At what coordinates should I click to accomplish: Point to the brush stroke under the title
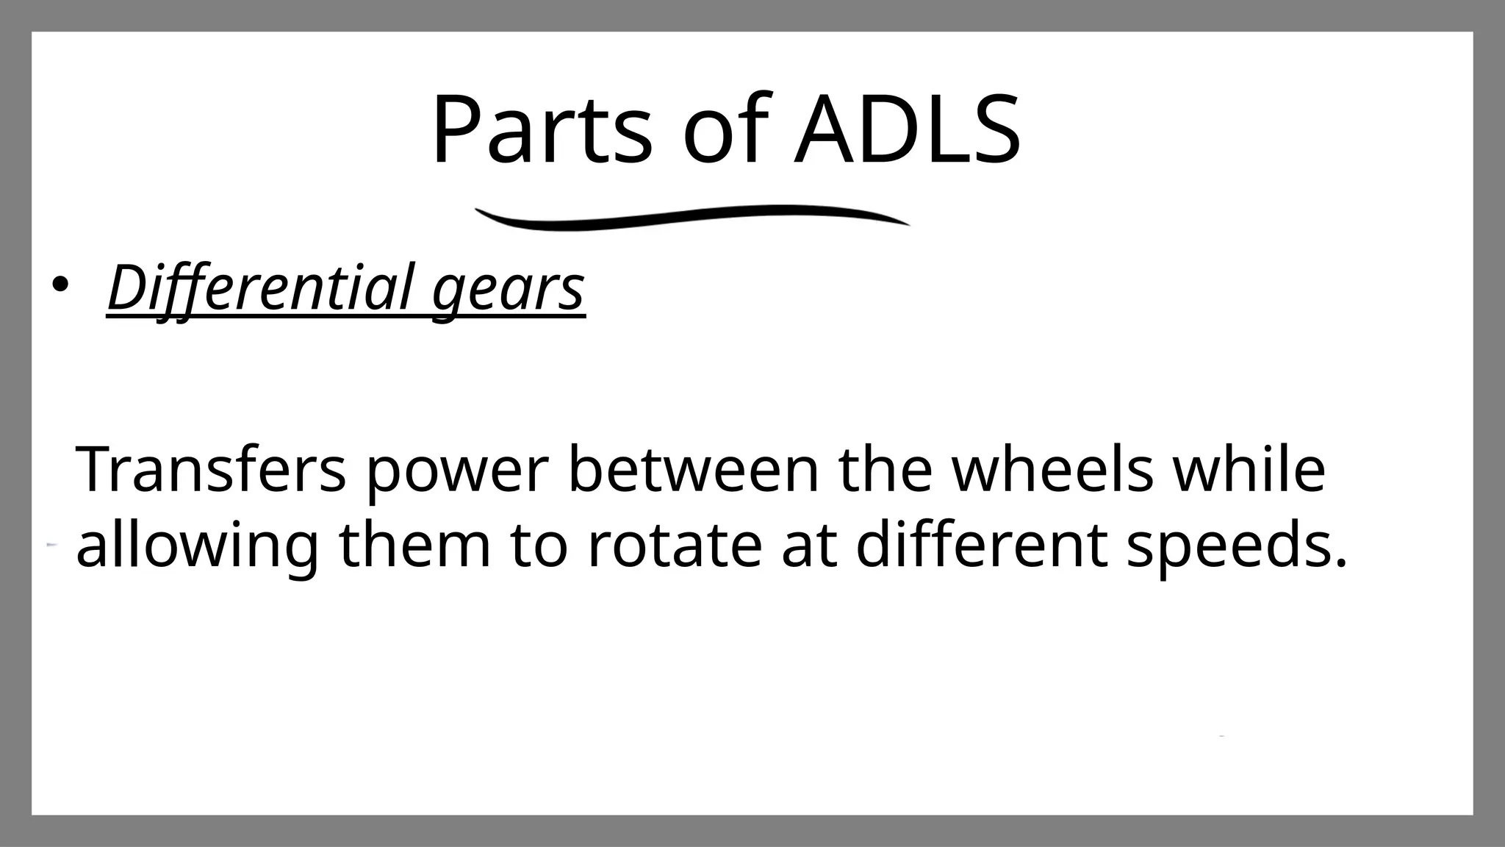[x=691, y=217]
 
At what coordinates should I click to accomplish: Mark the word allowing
[x=198, y=548]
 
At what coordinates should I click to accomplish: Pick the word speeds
[x=1223, y=548]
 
